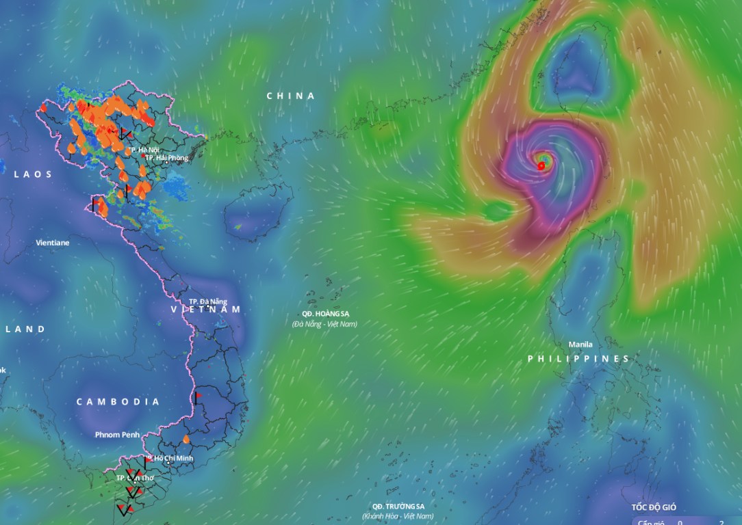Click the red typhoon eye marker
[541, 165]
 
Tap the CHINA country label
[291, 96]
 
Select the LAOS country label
[33, 174]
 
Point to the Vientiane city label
[53, 243]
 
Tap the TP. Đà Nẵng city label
[208, 301]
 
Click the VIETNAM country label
[205, 310]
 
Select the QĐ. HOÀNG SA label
[325, 314]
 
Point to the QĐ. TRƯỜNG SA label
[398, 506]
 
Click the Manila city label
[580, 345]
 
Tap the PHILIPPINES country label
[578, 359]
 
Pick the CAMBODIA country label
[118, 401]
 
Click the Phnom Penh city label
[117, 435]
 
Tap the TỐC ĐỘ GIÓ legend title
[654, 507]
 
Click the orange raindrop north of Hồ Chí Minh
[186, 439]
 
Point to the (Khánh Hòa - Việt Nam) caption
[398, 516]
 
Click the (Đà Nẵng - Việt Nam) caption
[324, 324]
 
